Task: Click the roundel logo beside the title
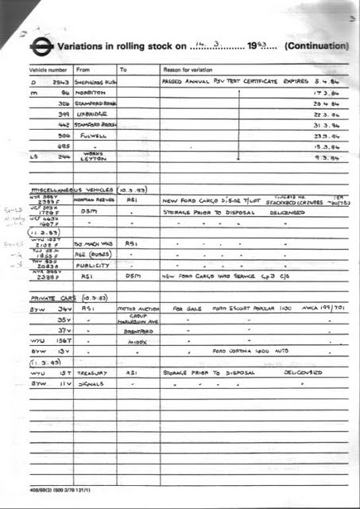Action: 44,47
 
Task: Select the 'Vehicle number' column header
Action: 48,69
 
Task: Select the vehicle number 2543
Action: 62,82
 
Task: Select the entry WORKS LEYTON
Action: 93,157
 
